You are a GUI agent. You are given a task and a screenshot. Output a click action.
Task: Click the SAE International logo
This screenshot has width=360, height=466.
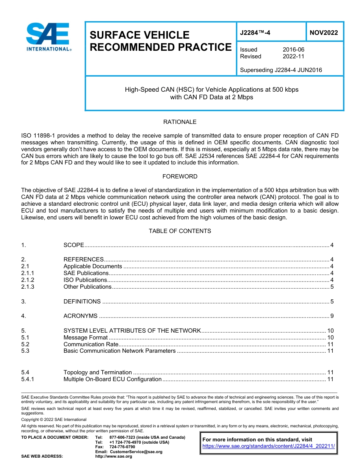(48, 37)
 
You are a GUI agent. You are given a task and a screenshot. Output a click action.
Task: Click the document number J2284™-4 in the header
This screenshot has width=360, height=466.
(255, 33)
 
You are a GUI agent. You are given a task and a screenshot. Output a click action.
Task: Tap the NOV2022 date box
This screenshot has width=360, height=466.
(324, 33)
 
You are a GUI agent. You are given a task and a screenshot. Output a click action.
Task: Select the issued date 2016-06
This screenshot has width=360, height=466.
(293, 50)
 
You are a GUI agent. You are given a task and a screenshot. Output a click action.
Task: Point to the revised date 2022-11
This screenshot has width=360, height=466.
(293, 56)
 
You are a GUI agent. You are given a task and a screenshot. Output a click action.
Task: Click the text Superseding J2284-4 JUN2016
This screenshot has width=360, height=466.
(281, 70)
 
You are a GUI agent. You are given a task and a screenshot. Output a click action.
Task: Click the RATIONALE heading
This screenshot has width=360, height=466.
(180, 122)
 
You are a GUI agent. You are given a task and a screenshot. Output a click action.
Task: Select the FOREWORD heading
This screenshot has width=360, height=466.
(180, 177)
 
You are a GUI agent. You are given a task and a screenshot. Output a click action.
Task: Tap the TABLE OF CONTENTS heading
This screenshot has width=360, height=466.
(180, 231)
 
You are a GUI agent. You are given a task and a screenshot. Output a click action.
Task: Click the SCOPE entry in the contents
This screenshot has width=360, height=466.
(74, 245)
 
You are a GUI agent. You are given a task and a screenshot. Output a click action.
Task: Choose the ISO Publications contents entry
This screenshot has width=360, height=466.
(85, 280)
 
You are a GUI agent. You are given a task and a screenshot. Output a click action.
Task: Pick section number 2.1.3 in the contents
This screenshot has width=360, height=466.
(28, 287)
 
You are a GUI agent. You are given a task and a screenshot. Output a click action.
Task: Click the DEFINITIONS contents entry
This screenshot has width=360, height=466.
(82, 302)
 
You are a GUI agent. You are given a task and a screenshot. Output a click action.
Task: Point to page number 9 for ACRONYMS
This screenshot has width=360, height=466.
(332, 316)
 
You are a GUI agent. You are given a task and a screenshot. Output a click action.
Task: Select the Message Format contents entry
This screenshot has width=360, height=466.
(86, 337)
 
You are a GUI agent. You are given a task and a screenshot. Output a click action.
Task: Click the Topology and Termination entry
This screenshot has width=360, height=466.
(98, 372)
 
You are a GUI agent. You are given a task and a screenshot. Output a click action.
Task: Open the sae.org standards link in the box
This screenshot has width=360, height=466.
(269, 446)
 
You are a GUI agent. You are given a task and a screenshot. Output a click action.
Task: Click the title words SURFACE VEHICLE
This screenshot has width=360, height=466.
(139, 35)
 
